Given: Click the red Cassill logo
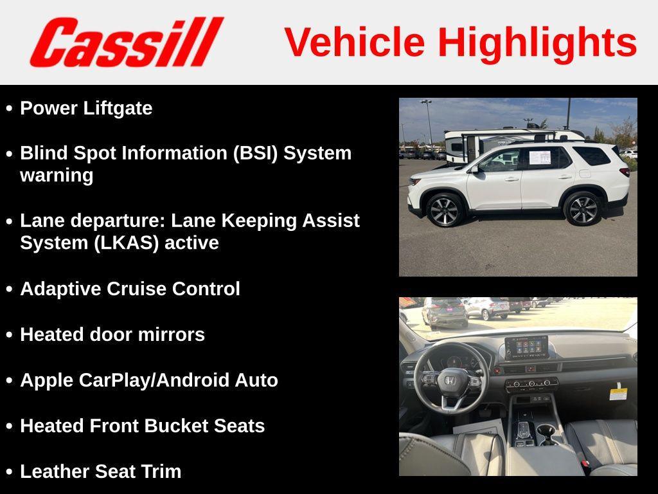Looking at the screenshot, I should [x=126, y=42].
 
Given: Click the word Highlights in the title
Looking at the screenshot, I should [x=537, y=42].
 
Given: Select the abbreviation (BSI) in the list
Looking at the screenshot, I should [x=256, y=153].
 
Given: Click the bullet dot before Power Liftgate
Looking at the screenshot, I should [x=9, y=108].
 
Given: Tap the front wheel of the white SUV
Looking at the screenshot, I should [x=444, y=209].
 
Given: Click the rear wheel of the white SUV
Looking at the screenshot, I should [x=582, y=208].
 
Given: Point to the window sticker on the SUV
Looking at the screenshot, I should [x=539, y=156].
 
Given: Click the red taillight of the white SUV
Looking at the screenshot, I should [x=623, y=172].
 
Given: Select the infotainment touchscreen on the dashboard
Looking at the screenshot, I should [x=526, y=347].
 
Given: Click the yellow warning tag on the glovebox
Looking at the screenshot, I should [x=618, y=391].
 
